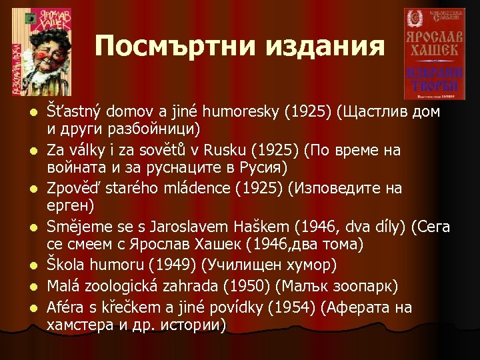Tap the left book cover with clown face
point(41,52)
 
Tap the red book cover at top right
point(435,53)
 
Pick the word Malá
point(63,287)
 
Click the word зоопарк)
point(364,287)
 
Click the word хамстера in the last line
point(77,325)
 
